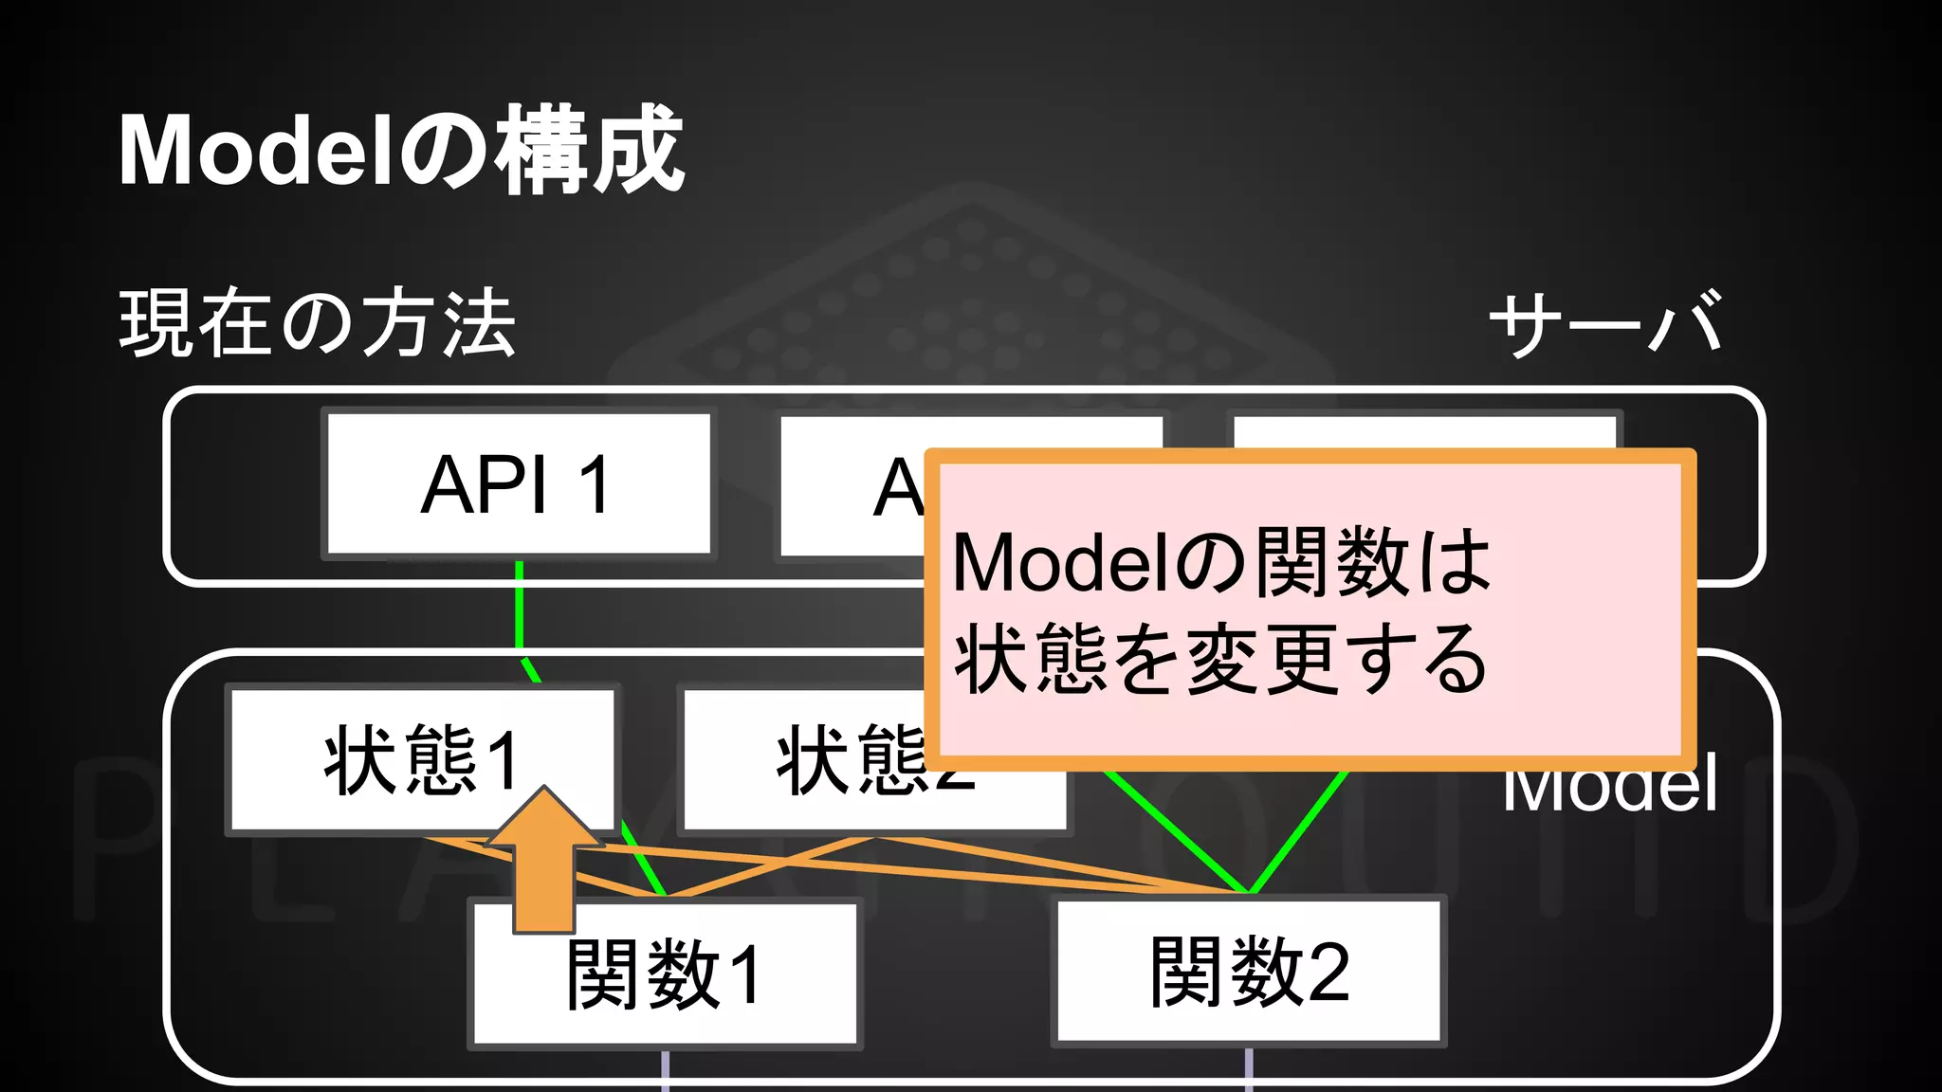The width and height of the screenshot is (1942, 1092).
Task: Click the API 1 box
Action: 519,483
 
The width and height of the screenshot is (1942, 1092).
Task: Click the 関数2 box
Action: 1249,972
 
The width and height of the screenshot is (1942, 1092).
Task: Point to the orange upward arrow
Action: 544,863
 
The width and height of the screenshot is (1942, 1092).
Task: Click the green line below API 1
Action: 519,607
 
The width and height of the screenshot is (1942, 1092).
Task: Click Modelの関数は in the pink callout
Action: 1220,564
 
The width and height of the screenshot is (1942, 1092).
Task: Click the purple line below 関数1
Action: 665,1071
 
